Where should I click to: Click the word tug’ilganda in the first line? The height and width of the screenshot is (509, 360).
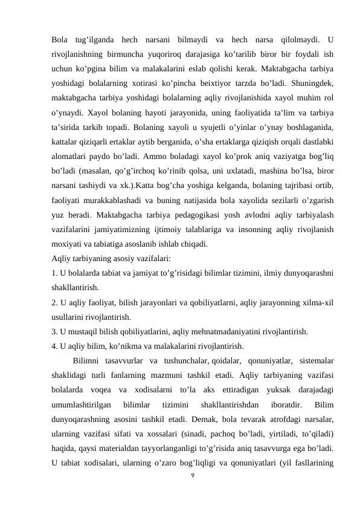tap(92, 41)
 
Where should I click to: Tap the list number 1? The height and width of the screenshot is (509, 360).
tap(54, 271)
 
